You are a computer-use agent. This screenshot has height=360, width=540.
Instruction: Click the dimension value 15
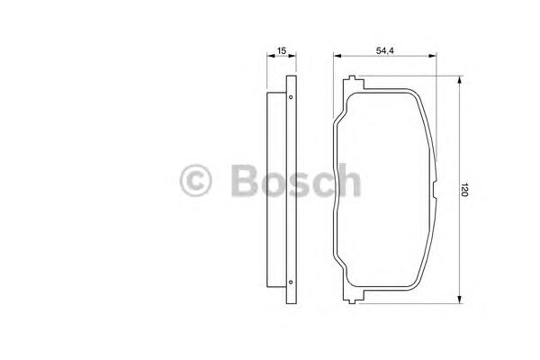coord(282,50)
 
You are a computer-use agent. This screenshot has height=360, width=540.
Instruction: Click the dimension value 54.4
coord(384,50)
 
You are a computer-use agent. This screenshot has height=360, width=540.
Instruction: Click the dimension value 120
coord(464,190)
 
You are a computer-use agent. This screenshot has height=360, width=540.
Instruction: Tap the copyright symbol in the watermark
coord(195,181)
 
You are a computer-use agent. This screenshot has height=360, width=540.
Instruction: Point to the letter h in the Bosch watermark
coord(348,180)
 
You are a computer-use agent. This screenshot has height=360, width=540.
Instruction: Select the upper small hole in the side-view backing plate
coord(291,97)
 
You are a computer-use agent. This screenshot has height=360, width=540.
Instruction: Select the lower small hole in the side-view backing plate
coord(291,282)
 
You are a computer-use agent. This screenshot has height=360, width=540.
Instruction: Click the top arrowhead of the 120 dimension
coord(459,80)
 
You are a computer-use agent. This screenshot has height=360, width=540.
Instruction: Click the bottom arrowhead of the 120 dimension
coord(459,300)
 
